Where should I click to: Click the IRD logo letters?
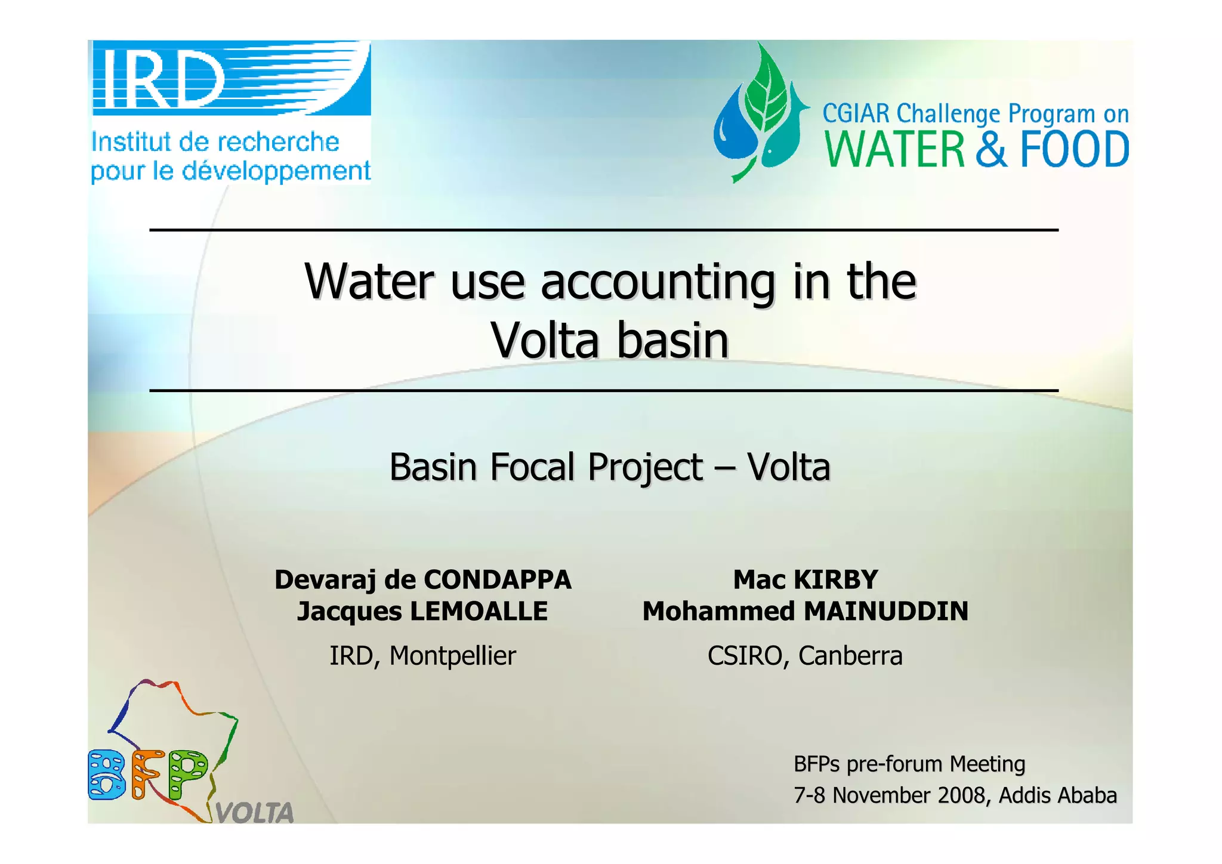158,78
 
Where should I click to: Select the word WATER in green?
894,150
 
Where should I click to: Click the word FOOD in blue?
1075,150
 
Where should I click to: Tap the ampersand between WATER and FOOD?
992,150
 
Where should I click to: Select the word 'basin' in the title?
672,341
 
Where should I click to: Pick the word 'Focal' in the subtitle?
535,467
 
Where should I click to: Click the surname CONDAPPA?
498,580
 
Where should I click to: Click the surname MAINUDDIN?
885,612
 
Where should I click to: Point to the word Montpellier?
452,656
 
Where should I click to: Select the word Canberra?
850,656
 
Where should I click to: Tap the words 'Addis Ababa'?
1057,795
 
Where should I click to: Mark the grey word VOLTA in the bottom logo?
255,813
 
